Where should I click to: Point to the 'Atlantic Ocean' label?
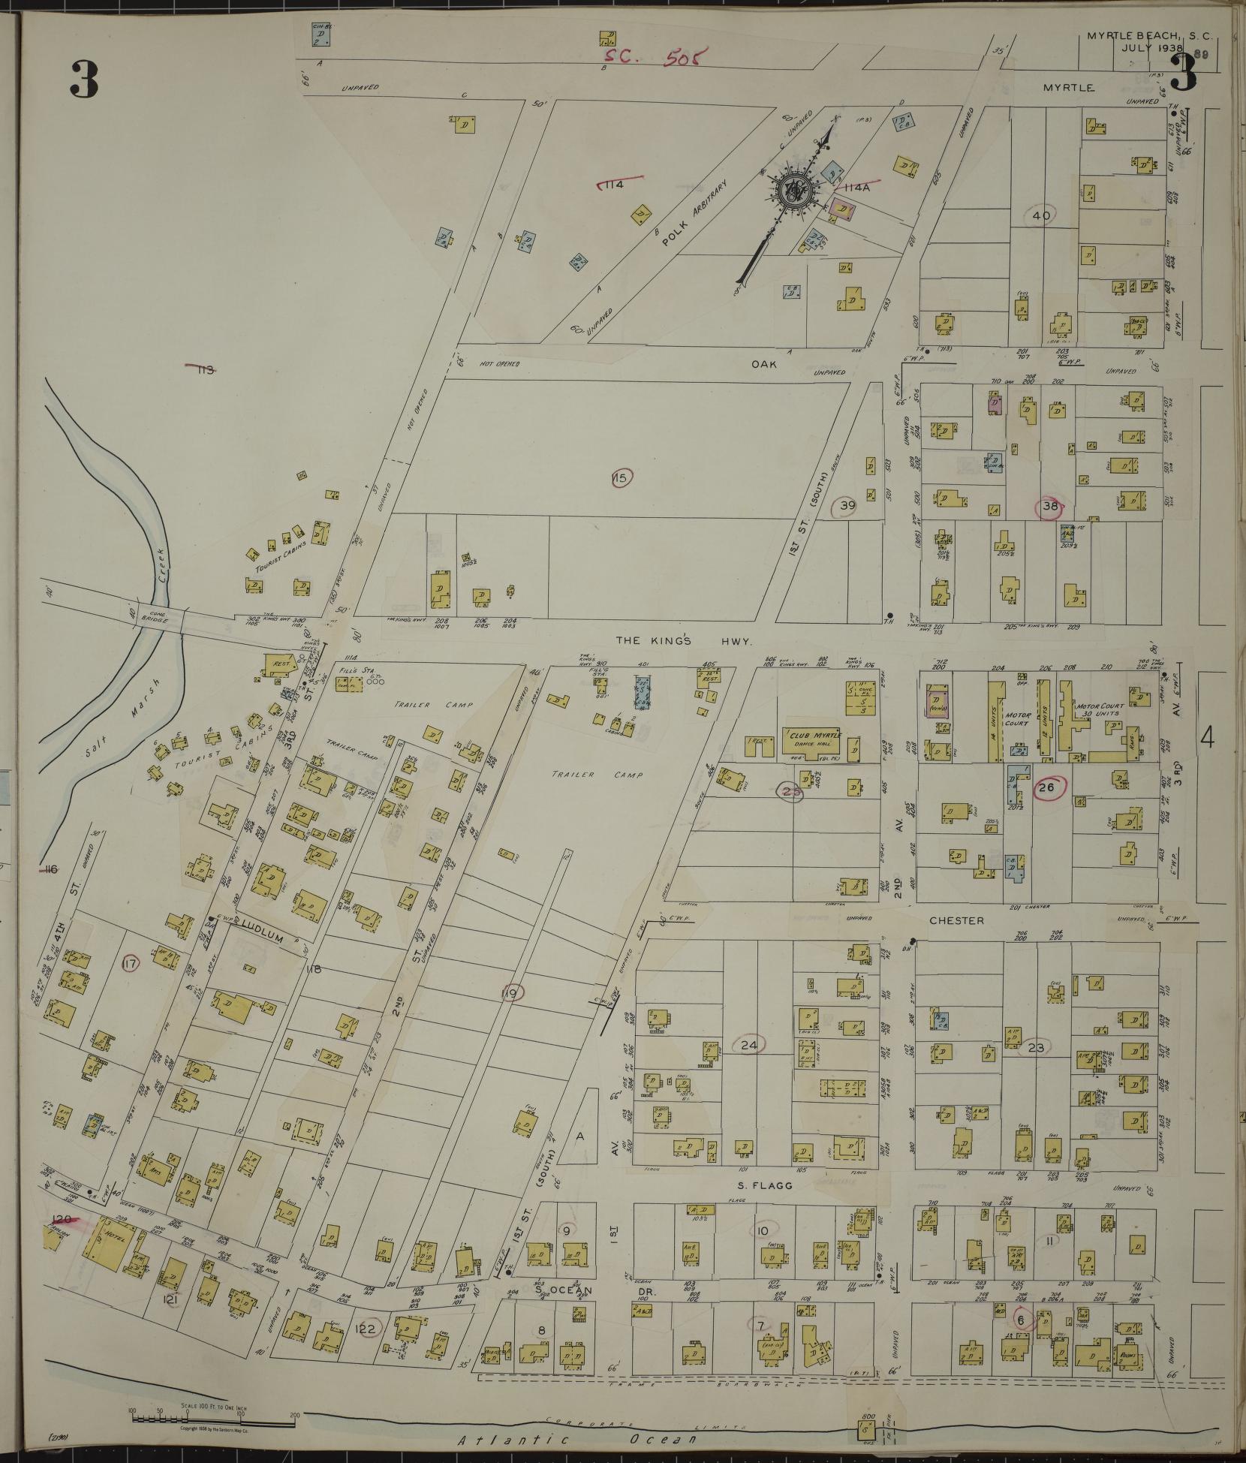[579, 1440]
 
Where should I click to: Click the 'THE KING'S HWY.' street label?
[685, 640]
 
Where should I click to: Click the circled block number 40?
[1041, 215]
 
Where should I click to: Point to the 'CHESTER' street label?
[956, 920]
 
